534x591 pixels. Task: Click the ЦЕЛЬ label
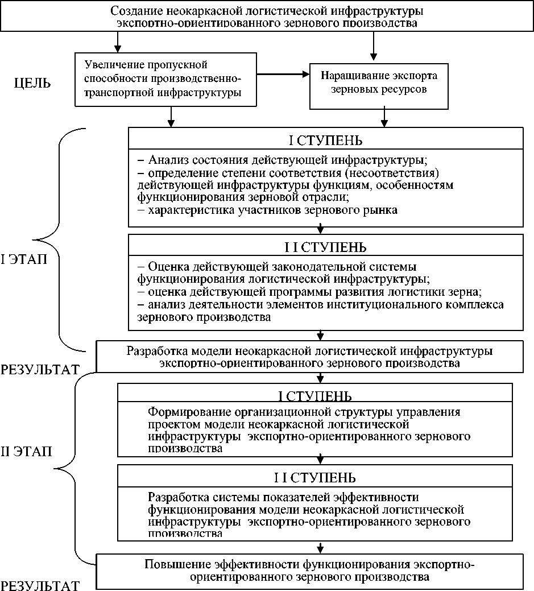click(x=32, y=84)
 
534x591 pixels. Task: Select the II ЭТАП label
click(x=26, y=452)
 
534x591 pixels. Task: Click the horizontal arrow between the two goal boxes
click(x=282, y=74)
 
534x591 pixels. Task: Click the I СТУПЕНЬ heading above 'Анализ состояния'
click(x=325, y=140)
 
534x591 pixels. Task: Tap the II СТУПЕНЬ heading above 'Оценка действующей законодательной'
click(x=325, y=247)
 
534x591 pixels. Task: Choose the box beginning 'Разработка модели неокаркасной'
click(x=309, y=356)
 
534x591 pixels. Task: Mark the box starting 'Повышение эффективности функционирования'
click(x=309, y=571)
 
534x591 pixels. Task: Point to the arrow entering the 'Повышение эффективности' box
click(x=321, y=548)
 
